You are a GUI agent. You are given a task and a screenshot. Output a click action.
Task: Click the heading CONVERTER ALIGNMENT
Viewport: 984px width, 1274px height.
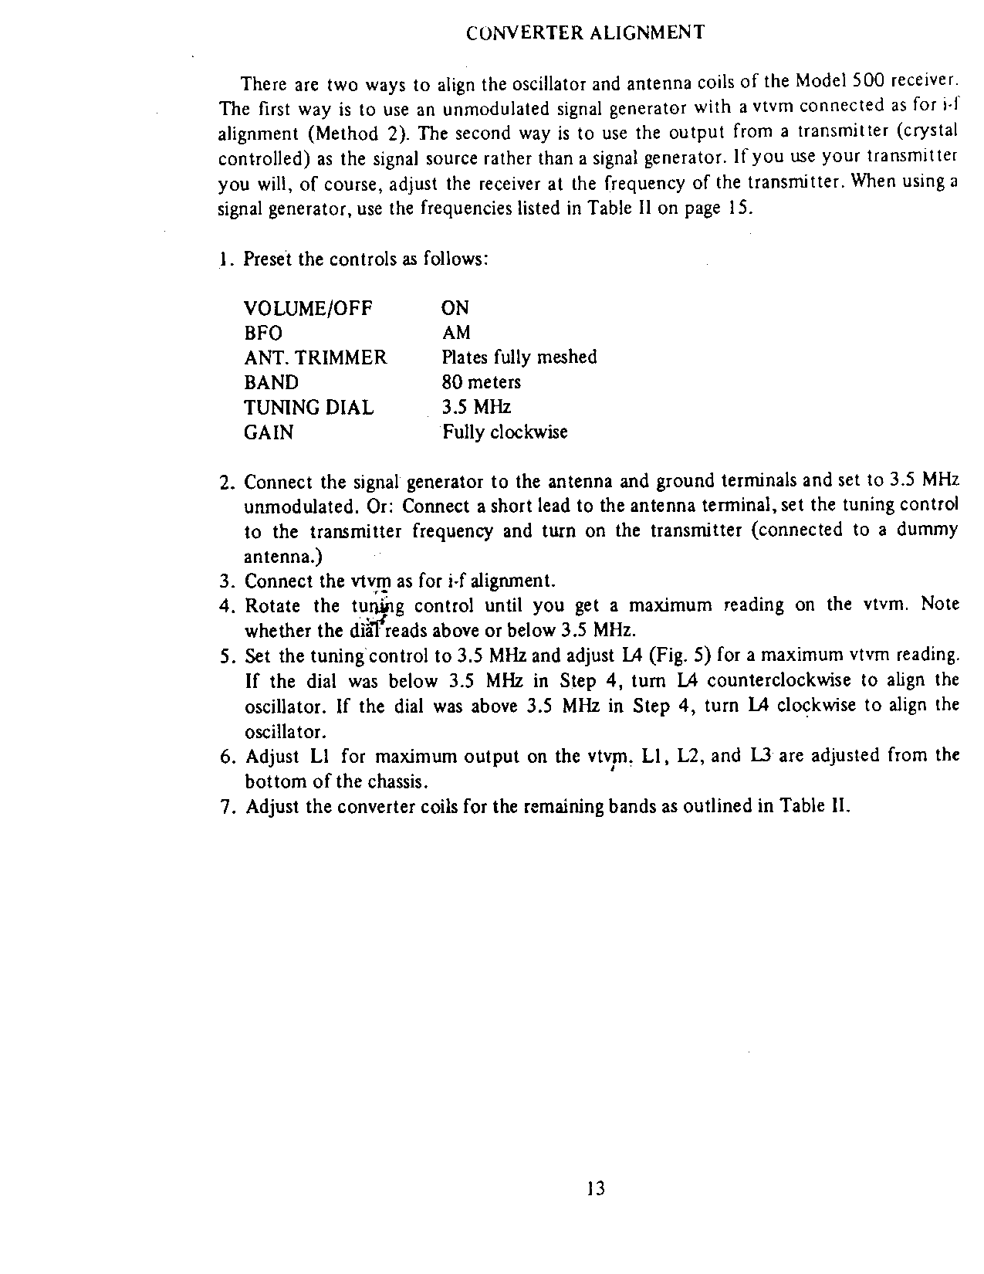point(586,32)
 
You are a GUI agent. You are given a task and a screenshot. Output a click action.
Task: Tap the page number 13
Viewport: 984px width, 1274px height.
point(595,1188)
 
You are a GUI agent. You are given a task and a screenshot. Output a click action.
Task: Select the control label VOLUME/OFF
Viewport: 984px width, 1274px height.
point(308,309)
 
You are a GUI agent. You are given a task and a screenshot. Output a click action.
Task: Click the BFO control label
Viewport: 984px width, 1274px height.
point(263,334)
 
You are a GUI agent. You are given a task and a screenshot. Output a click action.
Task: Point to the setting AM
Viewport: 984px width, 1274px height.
point(455,334)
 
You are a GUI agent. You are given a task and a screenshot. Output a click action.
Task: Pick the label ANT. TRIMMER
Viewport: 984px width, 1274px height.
point(315,358)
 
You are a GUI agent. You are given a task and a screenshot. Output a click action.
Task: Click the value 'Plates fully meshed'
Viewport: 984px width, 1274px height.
point(519,357)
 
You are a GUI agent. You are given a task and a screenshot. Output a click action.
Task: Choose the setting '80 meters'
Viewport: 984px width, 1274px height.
point(481,383)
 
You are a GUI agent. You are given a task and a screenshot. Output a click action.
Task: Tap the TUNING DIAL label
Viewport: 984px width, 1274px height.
point(308,408)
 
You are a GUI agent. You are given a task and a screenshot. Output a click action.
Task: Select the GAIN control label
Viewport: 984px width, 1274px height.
point(269,432)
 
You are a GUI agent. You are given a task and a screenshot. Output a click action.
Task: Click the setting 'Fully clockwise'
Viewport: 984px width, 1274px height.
point(505,432)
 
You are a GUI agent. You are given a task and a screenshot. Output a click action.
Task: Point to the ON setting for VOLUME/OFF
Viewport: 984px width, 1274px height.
point(455,309)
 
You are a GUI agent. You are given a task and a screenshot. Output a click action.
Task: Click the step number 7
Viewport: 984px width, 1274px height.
point(225,808)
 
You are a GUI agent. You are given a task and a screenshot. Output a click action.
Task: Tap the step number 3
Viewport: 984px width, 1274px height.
point(225,581)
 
